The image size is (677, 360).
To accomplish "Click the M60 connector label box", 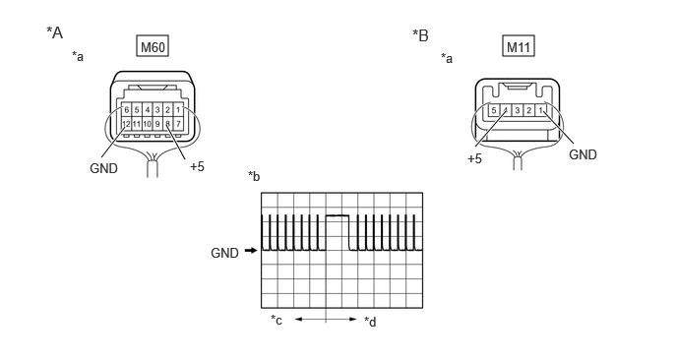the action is click(153, 46).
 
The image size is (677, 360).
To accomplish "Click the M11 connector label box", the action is click(519, 46).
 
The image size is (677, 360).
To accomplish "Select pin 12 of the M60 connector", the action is click(126, 124).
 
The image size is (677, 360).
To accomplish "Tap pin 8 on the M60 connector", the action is click(167, 124).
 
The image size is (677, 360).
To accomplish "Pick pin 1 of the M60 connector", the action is click(178, 110).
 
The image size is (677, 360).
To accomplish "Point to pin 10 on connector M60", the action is click(147, 124).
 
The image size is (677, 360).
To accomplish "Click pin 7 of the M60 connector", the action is click(178, 124).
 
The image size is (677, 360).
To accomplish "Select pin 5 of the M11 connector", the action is click(494, 110).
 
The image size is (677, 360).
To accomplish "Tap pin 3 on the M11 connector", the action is click(518, 110).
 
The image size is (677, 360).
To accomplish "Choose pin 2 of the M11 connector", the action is click(528, 110).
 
